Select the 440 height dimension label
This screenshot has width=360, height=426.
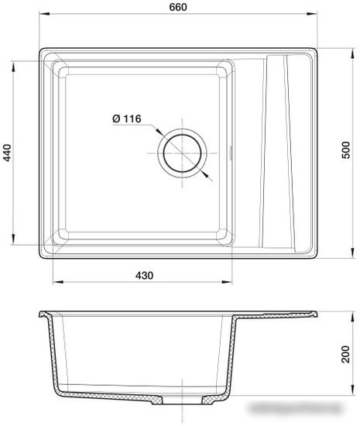click(8, 155)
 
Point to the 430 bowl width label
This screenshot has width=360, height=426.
click(144, 274)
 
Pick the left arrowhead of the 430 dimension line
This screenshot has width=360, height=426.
click(54, 282)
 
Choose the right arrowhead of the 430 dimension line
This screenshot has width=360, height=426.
click(231, 282)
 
